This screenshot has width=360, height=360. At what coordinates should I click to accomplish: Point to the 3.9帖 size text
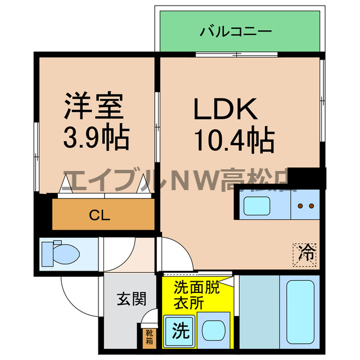pyautogui.click(x=96, y=137)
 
